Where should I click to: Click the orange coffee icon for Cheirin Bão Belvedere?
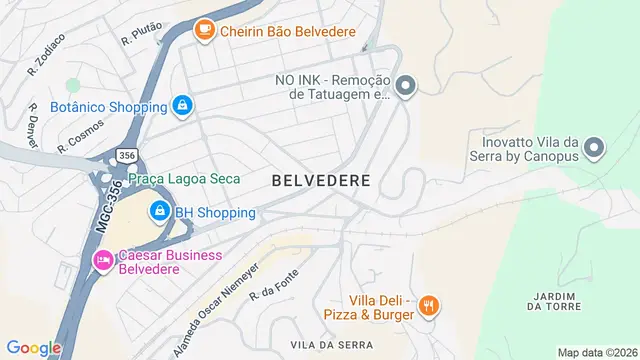[205, 31]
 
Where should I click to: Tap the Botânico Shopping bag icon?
[181, 105]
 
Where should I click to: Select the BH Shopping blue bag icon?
[159, 211]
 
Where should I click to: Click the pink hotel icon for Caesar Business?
[102, 260]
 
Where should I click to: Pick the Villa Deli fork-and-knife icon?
[429, 306]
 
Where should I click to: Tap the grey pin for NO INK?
[404, 87]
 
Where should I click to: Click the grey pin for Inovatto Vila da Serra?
[593, 149]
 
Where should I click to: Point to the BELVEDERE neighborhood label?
[321, 181]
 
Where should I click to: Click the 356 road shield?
[126, 156]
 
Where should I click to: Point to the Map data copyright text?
[597, 352]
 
